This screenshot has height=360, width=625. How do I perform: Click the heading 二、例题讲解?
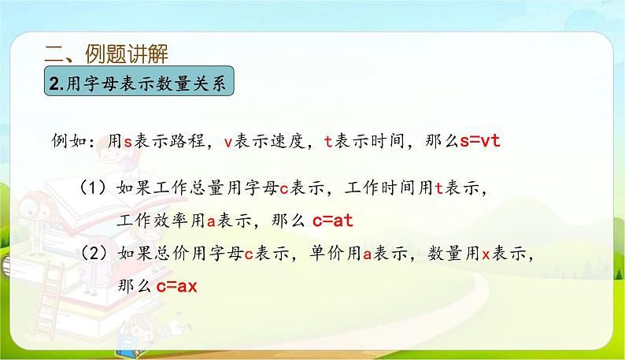106,53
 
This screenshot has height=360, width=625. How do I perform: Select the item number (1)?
95,189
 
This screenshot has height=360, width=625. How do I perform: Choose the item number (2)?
95,254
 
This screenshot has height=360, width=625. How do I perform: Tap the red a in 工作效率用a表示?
210,221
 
